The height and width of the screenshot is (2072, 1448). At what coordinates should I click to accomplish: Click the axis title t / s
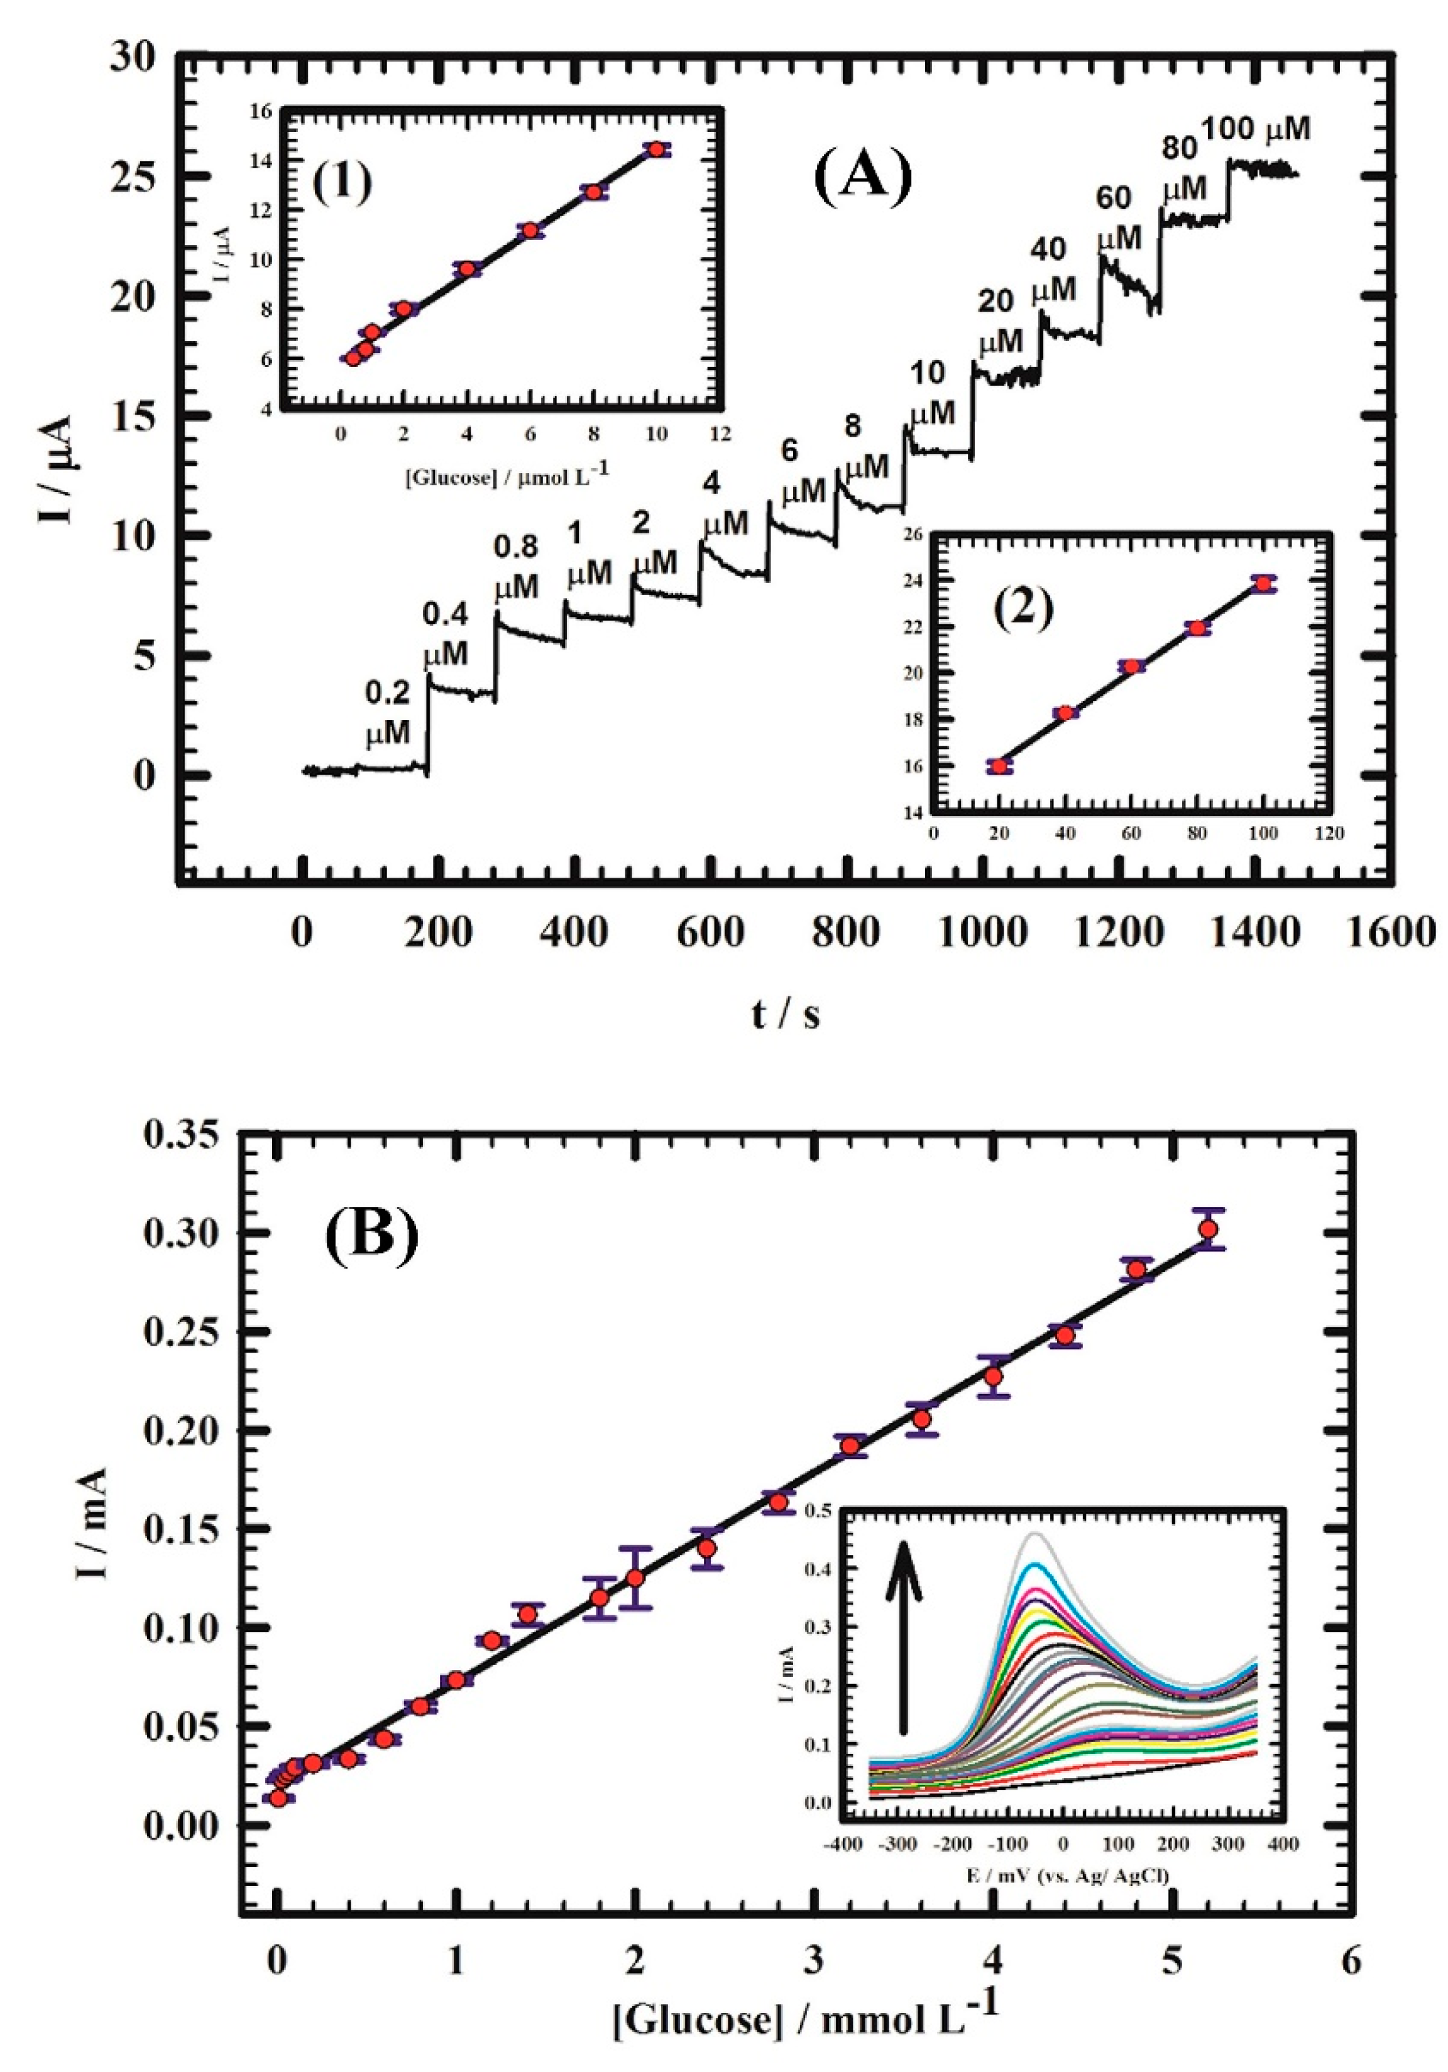[786, 1015]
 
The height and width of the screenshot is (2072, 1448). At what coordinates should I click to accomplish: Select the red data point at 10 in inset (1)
[657, 149]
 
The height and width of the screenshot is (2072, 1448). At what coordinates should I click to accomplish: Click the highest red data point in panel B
[1208, 1228]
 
